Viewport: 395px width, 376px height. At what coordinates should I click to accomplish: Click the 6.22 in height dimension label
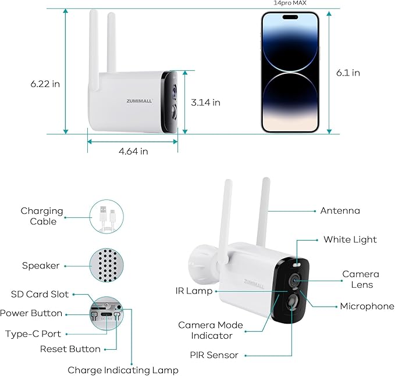coord(45,84)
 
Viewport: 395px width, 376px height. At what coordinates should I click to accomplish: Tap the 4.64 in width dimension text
coord(133,151)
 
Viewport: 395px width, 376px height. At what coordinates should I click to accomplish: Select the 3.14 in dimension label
coord(205,102)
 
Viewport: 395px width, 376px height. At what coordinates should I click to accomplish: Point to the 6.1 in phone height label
coord(348,73)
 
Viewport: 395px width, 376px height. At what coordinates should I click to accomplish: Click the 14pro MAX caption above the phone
coord(290,3)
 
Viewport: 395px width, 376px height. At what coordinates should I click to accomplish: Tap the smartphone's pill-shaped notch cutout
coord(290,17)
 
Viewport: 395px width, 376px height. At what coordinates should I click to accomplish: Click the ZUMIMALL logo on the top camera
coord(139,101)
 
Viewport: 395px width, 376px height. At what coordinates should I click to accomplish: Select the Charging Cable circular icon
coord(106,216)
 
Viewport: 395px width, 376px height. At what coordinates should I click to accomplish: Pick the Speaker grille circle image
coord(106,265)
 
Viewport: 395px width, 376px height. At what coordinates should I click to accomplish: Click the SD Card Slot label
coord(40,294)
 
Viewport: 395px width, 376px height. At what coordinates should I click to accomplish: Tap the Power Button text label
coord(31,313)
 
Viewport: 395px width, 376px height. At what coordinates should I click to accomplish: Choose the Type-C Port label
coord(33,334)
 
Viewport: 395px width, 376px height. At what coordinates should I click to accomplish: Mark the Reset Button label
coord(70,349)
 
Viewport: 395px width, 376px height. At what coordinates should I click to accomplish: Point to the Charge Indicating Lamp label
coord(123,370)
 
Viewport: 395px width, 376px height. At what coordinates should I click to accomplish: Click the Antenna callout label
coord(340,210)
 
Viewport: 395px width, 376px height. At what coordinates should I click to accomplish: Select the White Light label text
coord(350,239)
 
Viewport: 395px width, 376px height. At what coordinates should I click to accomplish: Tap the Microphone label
coord(367,306)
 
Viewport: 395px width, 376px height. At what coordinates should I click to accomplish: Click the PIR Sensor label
coord(214,355)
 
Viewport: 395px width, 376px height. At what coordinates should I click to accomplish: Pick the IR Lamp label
coord(194,291)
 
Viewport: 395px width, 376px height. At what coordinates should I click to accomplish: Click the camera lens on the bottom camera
coord(294,280)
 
